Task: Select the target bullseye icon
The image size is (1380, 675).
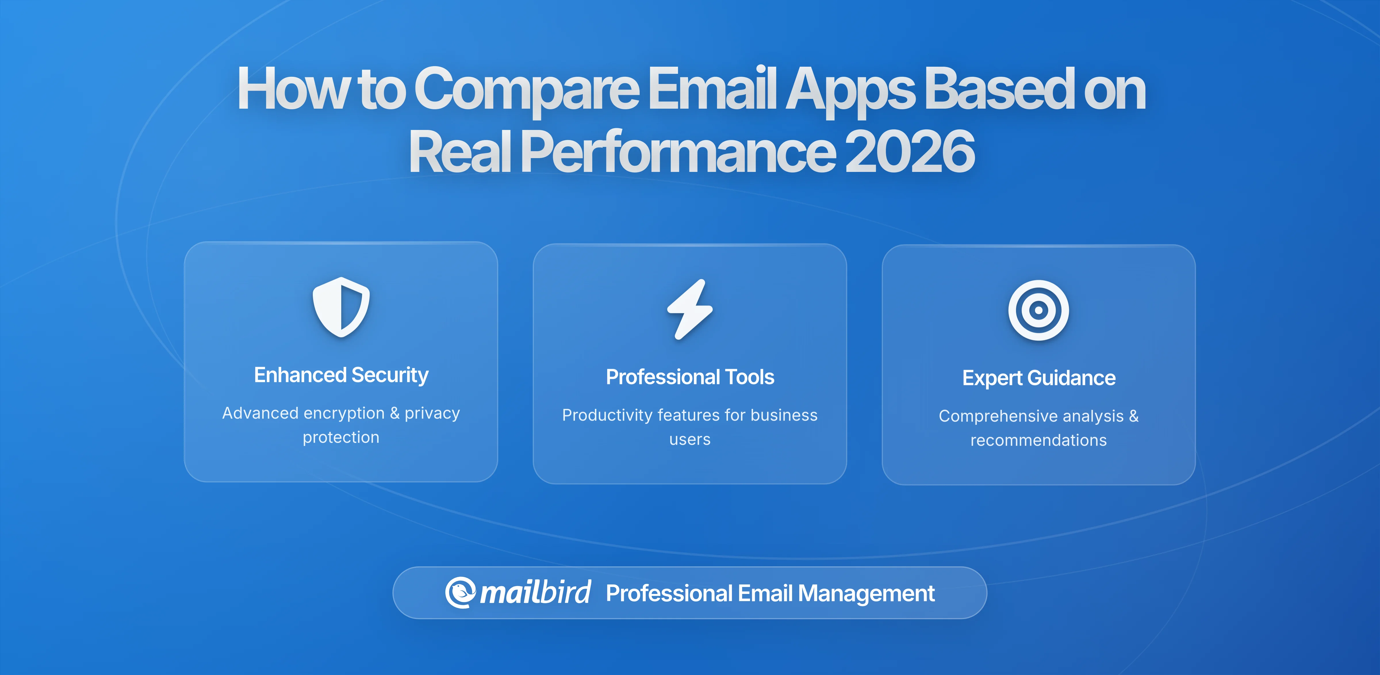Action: pyautogui.click(x=1038, y=310)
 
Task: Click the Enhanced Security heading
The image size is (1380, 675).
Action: pyautogui.click(x=341, y=375)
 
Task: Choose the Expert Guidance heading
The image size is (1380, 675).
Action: pyautogui.click(x=1038, y=378)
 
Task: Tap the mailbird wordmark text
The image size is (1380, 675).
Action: pyautogui.click(x=535, y=592)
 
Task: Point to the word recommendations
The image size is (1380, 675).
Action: pyautogui.click(x=1038, y=440)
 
